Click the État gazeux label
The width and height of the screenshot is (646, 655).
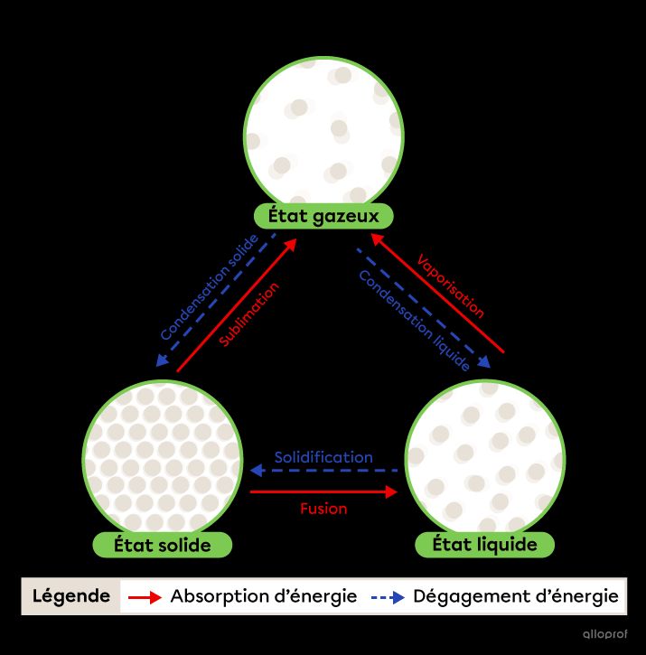(x=323, y=216)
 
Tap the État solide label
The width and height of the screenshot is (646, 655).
(x=162, y=545)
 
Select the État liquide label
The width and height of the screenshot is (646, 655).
(x=484, y=544)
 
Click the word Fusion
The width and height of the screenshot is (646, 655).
(x=323, y=509)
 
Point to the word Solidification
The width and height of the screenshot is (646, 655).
(x=323, y=457)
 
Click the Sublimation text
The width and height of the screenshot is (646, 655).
(x=249, y=314)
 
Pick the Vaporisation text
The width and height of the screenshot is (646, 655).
(x=451, y=286)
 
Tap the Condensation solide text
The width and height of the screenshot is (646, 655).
(x=210, y=287)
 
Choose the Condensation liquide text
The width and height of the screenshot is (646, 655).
(x=414, y=321)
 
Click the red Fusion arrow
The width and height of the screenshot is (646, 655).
(x=323, y=491)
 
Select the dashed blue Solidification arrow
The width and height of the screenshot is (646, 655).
(x=323, y=471)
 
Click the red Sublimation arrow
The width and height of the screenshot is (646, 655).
(x=237, y=305)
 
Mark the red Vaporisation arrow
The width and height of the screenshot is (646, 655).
(x=437, y=293)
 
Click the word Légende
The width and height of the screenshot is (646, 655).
(x=71, y=595)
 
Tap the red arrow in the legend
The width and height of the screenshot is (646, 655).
(x=145, y=597)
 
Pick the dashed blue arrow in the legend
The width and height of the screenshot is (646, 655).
(x=388, y=597)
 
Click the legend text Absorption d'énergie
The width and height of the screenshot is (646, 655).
(x=264, y=596)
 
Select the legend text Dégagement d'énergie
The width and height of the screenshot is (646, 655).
(x=516, y=596)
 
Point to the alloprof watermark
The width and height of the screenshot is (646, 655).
(x=605, y=634)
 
